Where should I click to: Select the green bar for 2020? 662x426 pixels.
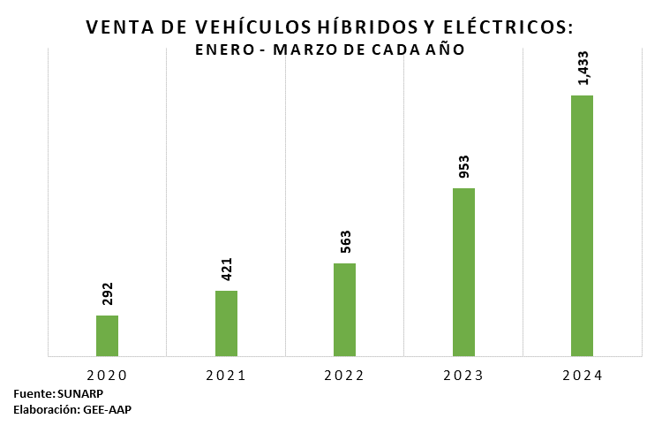pos(107,336)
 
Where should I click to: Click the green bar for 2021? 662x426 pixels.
pos(226,323)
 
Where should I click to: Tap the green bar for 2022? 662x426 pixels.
pos(344,309)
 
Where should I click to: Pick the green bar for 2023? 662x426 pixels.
pos(463,272)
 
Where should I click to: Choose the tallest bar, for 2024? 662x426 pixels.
pos(582,225)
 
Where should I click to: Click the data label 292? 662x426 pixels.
pos(108,294)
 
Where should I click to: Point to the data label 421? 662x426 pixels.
pos(226,270)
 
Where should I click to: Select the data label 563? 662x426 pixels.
pos(345,242)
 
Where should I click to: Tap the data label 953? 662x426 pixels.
pos(463,167)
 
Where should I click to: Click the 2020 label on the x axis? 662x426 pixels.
pos(107,376)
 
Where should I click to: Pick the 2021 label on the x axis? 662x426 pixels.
pos(226,376)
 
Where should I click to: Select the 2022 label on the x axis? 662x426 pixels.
pos(344,376)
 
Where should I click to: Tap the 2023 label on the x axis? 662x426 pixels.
pos(463,376)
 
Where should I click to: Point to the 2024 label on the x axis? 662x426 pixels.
pos(582,376)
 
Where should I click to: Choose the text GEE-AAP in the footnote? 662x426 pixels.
pos(107,409)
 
